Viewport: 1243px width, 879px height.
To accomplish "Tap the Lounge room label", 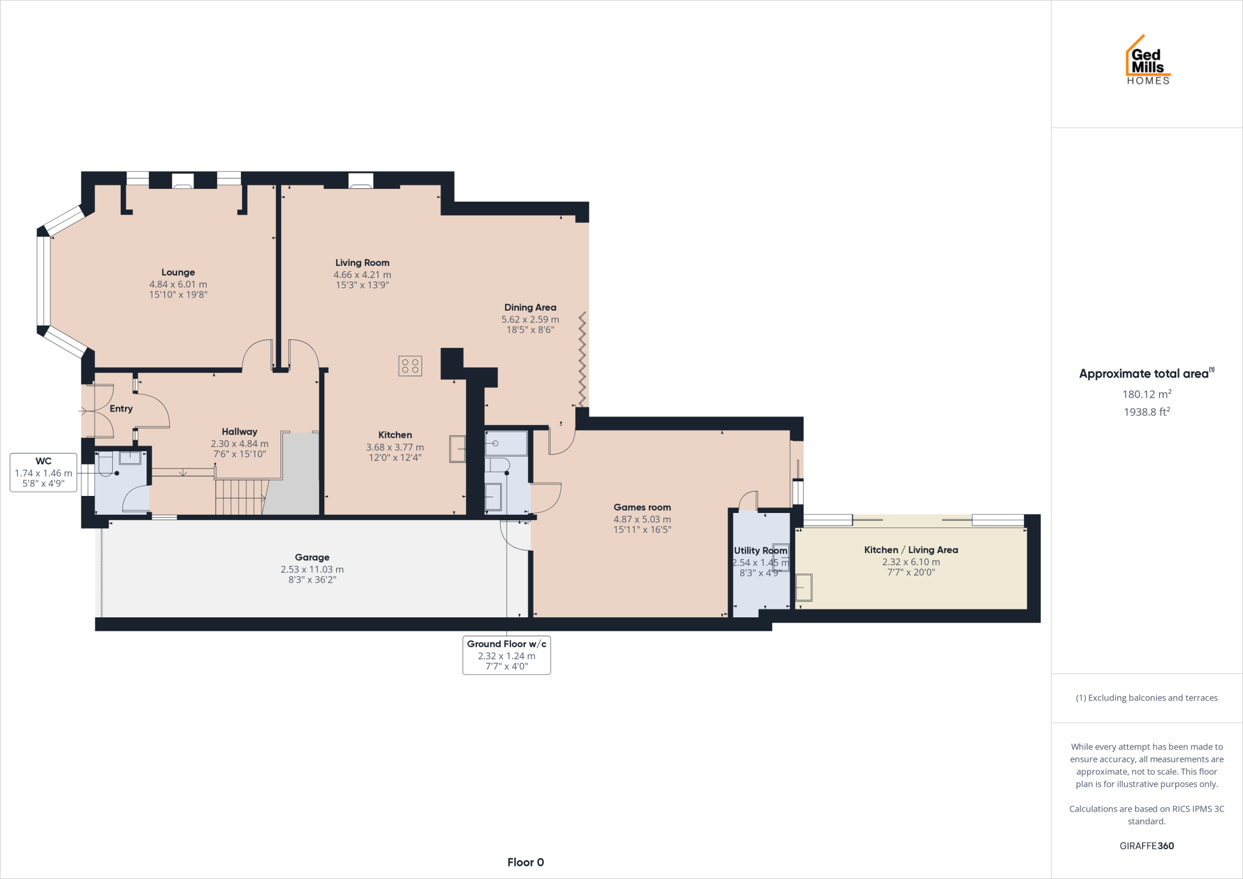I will pyautogui.click(x=178, y=273).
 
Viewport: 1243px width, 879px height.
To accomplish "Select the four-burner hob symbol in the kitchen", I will pyautogui.click(x=410, y=365).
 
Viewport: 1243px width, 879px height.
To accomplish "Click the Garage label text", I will pyautogui.click(x=312, y=557).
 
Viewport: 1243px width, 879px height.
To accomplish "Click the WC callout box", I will pyautogui.click(x=43, y=472).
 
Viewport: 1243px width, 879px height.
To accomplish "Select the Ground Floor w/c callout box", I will pyautogui.click(x=506, y=655).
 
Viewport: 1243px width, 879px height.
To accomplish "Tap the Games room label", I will pyautogui.click(x=642, y=507).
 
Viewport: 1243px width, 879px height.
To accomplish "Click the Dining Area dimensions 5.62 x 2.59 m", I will pyautogui.click(x=530, y=319).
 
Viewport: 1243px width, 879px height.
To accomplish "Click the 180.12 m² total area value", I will pyautogui.click(x=1146, y=394).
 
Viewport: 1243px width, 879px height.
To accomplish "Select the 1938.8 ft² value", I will pyautogui.click(x=1146, y=412).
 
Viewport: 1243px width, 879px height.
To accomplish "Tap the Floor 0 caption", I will pyautogui.click(x=526, y=862).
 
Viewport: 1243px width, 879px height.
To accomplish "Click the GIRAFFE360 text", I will pyautogui.click(x=1146, y=846).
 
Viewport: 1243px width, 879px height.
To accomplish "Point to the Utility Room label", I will pyautogui.click(x=760, y=551).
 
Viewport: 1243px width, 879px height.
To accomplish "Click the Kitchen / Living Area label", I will pyautogui.click(x=910, y=550).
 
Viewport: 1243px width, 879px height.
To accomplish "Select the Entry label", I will pyautogui.click(x=121, y=409).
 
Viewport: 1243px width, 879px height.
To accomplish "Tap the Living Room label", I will pyautogui.click(x=362, y=263).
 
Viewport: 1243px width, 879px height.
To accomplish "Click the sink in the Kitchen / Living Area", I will pyautogui.click(x=804, y=587).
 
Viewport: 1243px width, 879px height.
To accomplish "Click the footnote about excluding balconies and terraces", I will pyautogui.click(x=1146, y=698).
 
